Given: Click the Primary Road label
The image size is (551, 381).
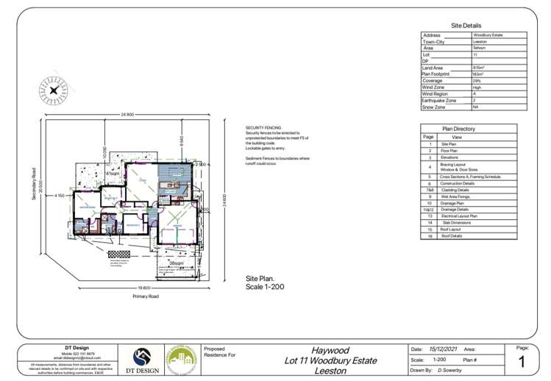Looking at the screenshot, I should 146,296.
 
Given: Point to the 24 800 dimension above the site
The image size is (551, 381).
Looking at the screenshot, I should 127,115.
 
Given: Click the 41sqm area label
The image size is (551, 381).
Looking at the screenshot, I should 112,173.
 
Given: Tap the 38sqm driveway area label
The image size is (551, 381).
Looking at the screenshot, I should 176,262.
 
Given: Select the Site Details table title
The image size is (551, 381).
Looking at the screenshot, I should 466,25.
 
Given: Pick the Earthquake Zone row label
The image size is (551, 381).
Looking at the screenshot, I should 439,101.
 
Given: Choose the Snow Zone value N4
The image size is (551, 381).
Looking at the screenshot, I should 476,107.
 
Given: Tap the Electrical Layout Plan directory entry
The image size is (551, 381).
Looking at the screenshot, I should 459,216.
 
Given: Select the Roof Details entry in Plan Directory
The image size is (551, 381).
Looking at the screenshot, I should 452,236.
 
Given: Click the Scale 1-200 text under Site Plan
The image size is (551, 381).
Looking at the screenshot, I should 264,286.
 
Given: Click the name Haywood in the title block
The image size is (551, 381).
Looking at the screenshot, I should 330,350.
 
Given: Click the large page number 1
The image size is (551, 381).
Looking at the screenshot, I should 522,361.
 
